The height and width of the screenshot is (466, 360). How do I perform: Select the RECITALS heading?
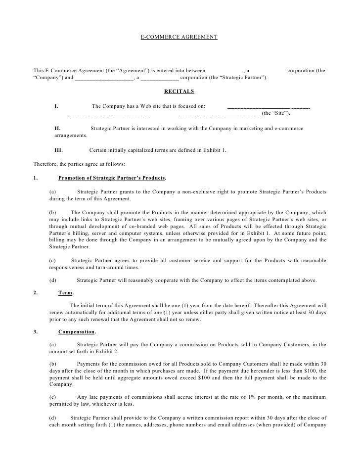click(x=179, y=91)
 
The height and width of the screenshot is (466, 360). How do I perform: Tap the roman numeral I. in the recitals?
click(x=56, y=106)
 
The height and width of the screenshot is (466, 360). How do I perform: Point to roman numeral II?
click(x=57, y=128)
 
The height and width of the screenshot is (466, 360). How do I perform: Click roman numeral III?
click(x=59, y=150)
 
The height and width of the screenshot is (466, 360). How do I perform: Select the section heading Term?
click(x=66, y=292)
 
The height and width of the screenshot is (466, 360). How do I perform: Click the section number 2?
click(x=35, y=292)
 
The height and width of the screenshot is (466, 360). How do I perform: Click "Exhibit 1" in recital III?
click(x=213, y=150)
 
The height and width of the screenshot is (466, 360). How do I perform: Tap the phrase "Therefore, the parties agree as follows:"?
click(x=79, y=164)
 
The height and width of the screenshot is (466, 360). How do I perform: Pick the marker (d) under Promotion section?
click(x=53, y=280)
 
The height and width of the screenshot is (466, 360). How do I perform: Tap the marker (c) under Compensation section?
click(x=53, y=398)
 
